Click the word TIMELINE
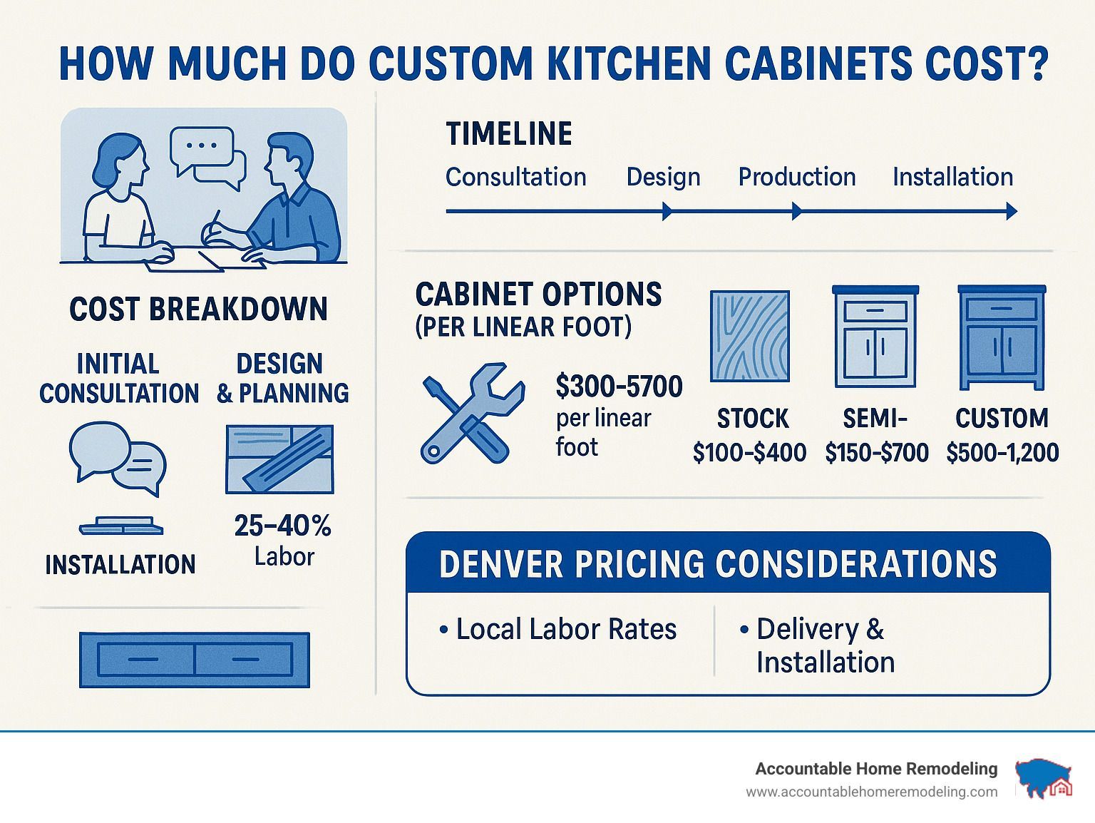click(509, 134)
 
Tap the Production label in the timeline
click(797, 177)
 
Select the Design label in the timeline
click(663, 178)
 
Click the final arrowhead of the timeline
click(1011, 211)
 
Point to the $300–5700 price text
click(619, 387)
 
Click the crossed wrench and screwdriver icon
click(473, 414)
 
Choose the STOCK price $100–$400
click(749, 453)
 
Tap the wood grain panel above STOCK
click(749, 336)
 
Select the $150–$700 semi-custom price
click(876, 453)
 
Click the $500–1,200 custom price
click(1002, 453)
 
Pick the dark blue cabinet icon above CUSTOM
click(1001, 337)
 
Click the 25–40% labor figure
click(282, 526)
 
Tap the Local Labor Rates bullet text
click(557, 629)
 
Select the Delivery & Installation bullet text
click(817, 645)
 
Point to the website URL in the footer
click(872, 792)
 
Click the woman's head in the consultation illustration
click(120, 160)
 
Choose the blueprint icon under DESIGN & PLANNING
click(279, 459)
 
